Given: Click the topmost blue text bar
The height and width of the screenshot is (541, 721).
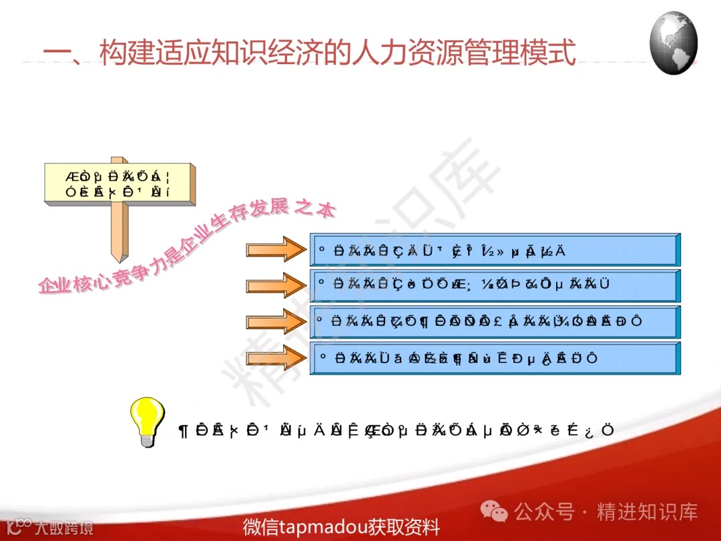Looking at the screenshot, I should pos(494,250).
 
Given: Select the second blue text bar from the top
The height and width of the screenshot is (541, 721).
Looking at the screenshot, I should pos(494,285).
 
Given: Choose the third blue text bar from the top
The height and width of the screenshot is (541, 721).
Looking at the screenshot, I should pos(494,321).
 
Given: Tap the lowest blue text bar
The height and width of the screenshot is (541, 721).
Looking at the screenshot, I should pos(494,358).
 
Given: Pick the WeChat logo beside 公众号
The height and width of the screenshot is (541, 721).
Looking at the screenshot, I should pos(495,512).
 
